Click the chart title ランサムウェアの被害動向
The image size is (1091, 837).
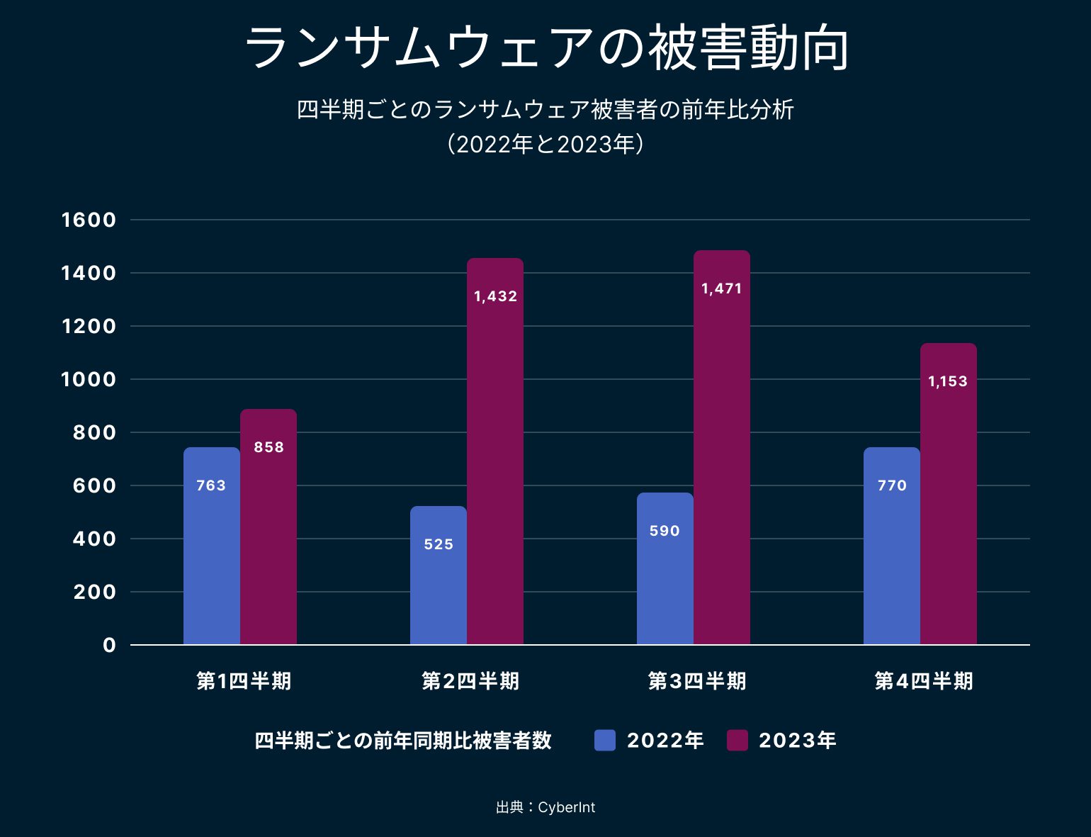pos(545,48)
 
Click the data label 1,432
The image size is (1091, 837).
pos(495,296)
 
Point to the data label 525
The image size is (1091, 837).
pos(439,544)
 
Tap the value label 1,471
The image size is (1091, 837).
pos(721,288)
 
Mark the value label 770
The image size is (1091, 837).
pos(891,485)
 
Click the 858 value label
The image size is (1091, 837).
pos(268,447)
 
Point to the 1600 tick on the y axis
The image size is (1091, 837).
pos(89,220)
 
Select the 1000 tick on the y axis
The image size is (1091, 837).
pos(89,379)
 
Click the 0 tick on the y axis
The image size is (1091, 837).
pos(109,645)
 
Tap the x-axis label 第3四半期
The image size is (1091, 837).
pos(697,681)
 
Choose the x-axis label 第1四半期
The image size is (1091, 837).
pos(244,681)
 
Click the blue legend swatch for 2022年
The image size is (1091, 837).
pos(605,741)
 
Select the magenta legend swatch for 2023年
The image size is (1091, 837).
pos(737,741)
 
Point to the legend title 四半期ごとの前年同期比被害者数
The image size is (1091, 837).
pos(402,741)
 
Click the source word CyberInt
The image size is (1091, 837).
pos(566,807)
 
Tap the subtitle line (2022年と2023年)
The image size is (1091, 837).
pos(545,145)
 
